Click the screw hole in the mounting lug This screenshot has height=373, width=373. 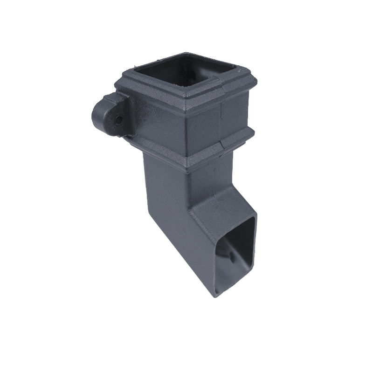coord(119,120)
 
